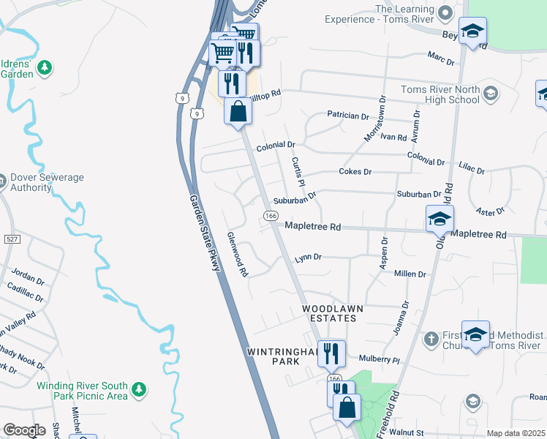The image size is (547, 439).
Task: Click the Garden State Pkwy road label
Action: click(x=205, y=233)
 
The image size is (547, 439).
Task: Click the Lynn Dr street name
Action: click(x=308, y=258)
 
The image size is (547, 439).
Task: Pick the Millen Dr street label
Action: click(x=410, y=274)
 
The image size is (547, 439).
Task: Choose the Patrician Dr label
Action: click(x=348, y=116)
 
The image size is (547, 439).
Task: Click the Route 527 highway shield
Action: click(x=11, y=239)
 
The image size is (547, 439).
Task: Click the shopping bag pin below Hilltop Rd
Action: click(x=238, y=112)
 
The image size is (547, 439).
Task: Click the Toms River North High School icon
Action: click(x=491, y=94)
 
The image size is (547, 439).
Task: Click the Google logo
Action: click(x=24, y=430)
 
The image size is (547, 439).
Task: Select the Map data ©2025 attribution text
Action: click(x=516, y=433)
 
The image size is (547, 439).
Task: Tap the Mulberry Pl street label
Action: click(x=380, y=360)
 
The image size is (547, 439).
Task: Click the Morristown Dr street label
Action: click(x=374, y=119)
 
